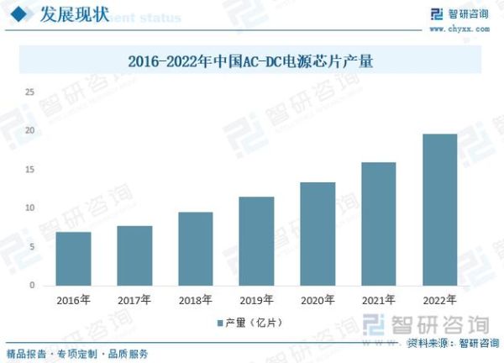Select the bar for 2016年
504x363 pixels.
[x=73, y=259]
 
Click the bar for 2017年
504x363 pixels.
[x=134, y=255]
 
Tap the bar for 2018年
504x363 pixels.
[x=195, y=249]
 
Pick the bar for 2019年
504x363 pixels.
[x=256, y=241]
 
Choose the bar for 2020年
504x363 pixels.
[x=318, y=234]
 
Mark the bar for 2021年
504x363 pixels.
[x=378, y=224]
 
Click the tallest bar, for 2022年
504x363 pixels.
[x=439, y=210]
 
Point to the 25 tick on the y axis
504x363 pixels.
[x=30, y=92]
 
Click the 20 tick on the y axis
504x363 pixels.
[x=30, y=131]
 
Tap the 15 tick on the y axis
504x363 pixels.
[x=30, y=170]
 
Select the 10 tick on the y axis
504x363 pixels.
[x=30, y=208]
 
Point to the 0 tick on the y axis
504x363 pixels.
[x=33, y=286]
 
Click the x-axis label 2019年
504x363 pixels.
[x=256, y=300]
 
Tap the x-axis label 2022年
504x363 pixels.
[x=439, y=300]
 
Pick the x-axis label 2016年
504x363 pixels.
[x=73, y=300]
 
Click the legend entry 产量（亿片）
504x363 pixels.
[x=252, y=324]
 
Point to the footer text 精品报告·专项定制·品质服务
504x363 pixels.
[x=77, y=353]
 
